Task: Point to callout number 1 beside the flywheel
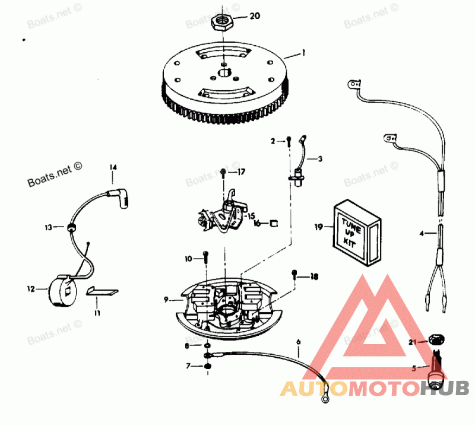pos(303,53)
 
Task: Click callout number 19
pos(318,227)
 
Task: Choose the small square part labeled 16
pos(274,223)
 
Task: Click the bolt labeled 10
pos(205,256)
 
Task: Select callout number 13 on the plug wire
pos(48,227)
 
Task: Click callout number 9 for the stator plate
pos(167,300)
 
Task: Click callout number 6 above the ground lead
pos(298,342)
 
